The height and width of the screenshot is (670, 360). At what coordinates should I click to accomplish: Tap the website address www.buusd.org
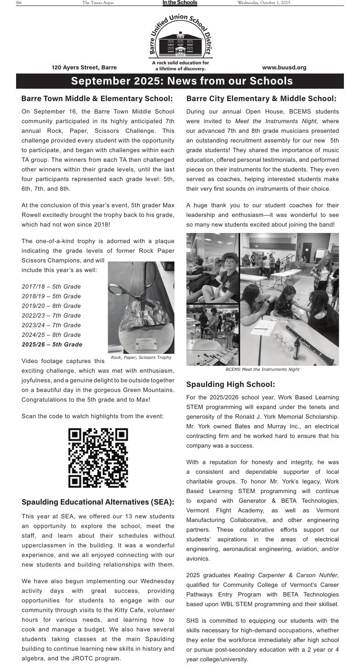(x=284, y=68)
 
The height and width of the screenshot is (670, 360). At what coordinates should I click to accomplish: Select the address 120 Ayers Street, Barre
(x=84, y=68)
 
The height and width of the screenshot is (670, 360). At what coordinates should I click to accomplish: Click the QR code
(x=98, y=458)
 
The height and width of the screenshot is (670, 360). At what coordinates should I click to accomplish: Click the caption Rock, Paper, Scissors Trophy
(x=141, y=358)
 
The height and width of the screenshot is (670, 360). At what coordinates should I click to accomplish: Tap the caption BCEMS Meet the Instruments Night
(x=263, y=369)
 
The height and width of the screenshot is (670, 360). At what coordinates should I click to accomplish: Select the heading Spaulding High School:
(x=230, y=384)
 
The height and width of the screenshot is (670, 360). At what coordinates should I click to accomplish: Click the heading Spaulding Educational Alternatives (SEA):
(x=98, y=502)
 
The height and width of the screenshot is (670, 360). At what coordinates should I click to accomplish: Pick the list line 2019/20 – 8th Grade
(x=51, y=306)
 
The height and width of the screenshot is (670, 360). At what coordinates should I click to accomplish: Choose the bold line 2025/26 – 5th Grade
(x=52, y=345)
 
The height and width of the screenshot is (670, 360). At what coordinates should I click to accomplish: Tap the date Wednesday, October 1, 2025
(x=263, y=3)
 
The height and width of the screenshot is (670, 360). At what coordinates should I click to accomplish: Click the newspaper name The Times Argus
(x=98, y=3)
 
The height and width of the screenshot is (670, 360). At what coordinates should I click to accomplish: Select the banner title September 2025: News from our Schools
(x=182, y=81)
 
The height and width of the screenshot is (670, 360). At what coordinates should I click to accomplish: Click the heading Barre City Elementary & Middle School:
(x=261, y=99)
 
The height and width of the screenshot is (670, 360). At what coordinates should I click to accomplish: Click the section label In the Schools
(x=180, y=3)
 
